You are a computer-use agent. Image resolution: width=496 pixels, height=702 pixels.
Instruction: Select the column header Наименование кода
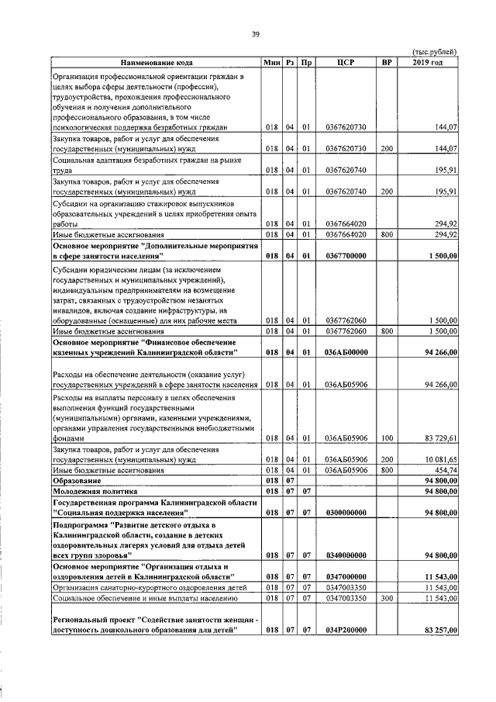click(x=156, y=62)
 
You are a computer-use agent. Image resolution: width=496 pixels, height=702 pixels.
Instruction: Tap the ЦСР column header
click(x=346, y=62)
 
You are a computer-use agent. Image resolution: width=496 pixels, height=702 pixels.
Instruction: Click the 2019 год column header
click(x=428, y=62)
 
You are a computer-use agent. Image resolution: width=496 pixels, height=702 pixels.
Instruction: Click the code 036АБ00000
click(x=346, y=352)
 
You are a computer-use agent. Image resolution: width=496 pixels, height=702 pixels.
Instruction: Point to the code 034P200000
click(x=346, y=652)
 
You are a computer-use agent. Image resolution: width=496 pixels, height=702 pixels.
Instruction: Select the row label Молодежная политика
click(x=94, y=491)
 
